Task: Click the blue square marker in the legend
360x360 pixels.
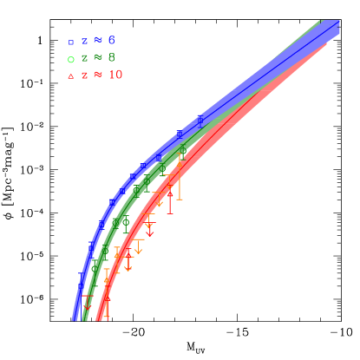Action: coord(71,42)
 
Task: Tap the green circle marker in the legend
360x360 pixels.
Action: coord(71,59)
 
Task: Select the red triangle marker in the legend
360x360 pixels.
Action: coord(71,76)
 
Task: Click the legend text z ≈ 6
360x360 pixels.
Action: coord(98,41)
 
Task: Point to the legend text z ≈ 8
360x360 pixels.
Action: coord(98,58)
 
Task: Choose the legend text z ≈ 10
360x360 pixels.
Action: coord(102,75)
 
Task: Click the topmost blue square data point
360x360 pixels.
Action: coord(200,121)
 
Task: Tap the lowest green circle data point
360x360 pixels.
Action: coord(95,268)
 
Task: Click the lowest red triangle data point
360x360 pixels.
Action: coord(107,301)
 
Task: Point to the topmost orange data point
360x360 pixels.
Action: coord(181,157)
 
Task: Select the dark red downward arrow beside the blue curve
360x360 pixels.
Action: coord(87,304)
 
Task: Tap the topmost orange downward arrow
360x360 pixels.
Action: coord(159,201)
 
